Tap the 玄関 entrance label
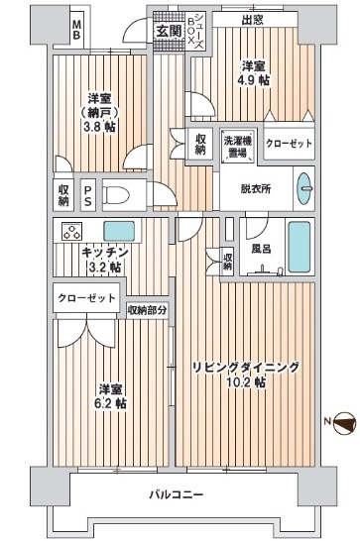(x=166, y=31)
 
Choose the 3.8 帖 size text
(x=97, y=128)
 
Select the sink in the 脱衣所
(x=304, y=186)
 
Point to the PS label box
(x=87, y=194)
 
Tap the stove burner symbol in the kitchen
(x=73, y=234)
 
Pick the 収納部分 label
(x=148, y=310)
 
